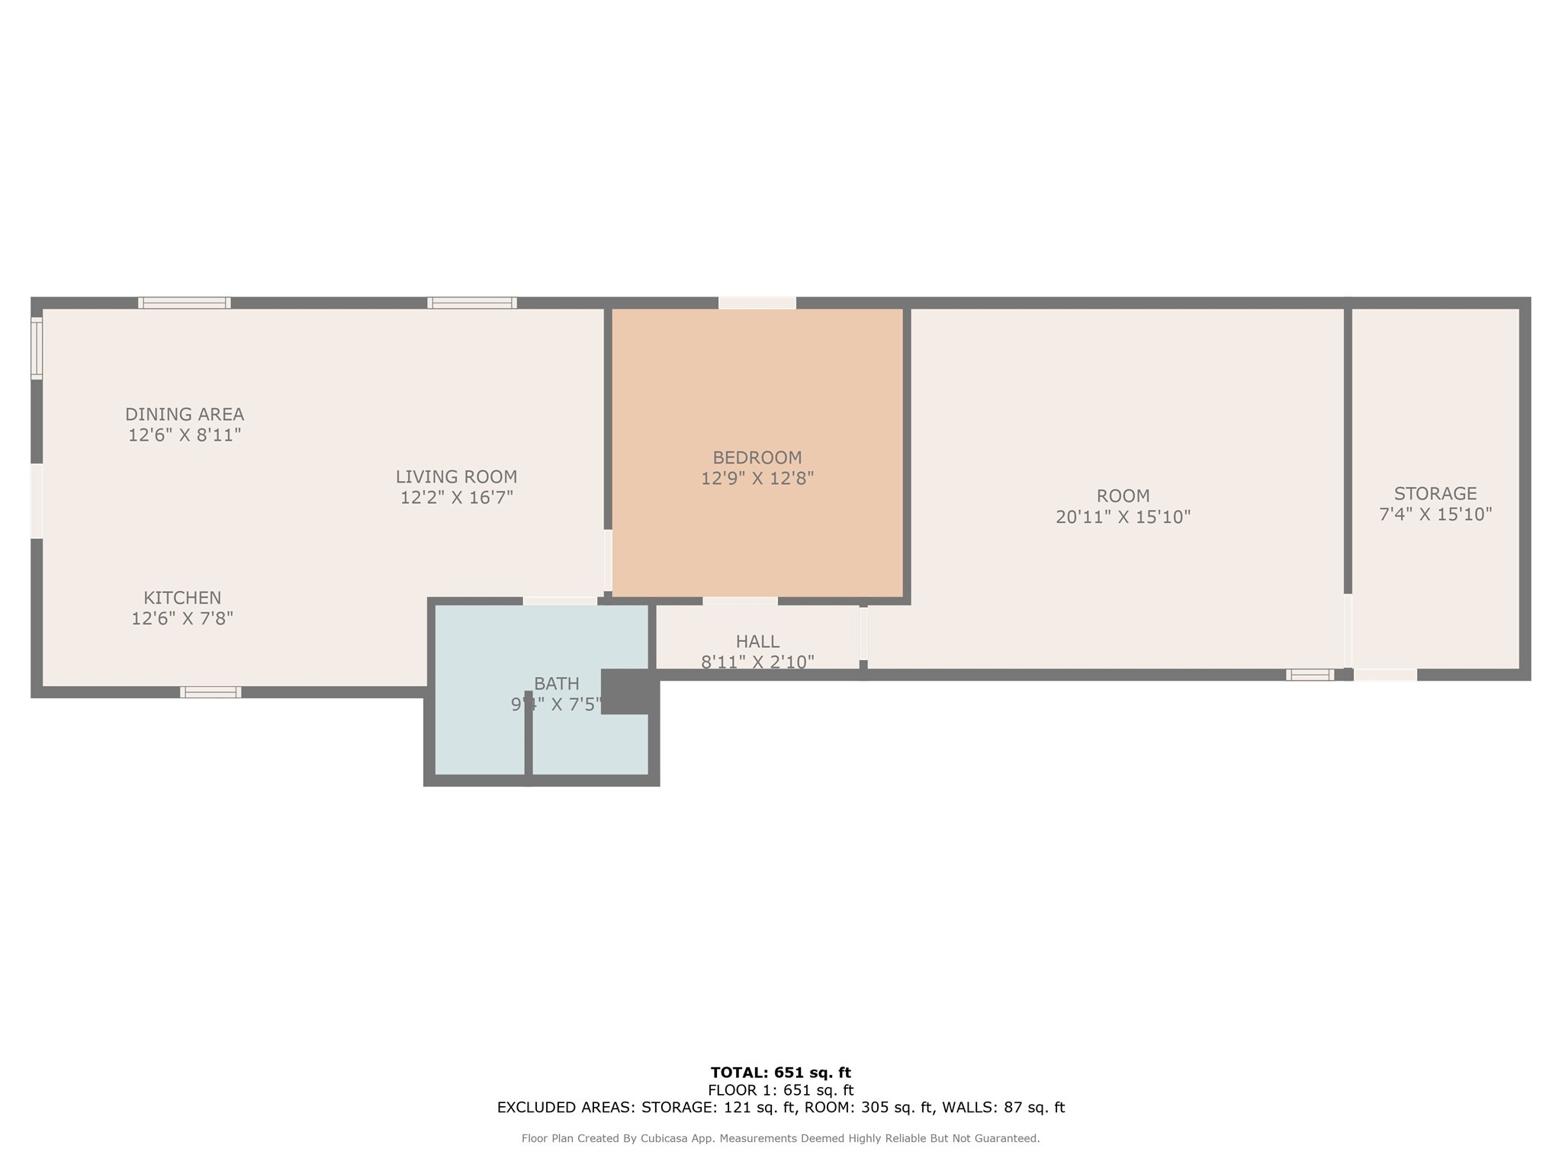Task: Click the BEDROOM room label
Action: [757, 457]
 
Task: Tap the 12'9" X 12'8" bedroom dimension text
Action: [757, 479]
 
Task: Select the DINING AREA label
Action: [185, 414]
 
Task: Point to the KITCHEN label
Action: [182, 598]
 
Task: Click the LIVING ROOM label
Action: [456, 476]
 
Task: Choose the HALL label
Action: [757, 641]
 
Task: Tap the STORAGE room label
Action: [1435, 493]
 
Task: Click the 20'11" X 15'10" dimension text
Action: [1123, 517]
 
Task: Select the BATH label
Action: [556, 683]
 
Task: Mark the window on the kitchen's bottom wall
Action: [211, 692]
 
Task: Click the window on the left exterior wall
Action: [36, 348]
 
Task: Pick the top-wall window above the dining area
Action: [184, 303]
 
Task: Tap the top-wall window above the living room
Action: [471, 303]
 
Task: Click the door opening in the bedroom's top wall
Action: [757, 303]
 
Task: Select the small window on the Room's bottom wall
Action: [1310, 675]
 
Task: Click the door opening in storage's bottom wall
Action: [1385, 675]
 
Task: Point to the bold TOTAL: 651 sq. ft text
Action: [780, 1073]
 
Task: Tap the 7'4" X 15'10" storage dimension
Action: [1435, 515]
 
